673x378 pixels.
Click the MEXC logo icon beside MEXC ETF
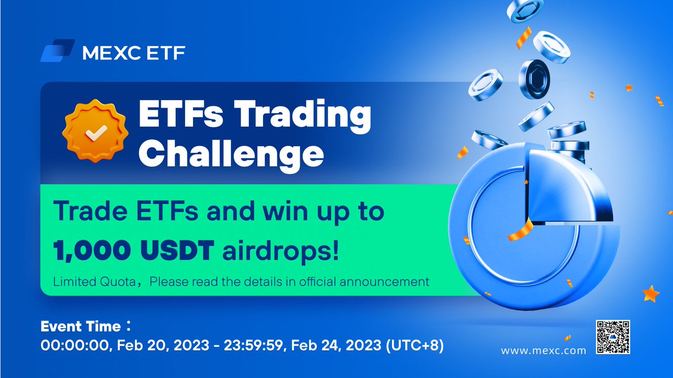pyautogui.click(x=58, y=50)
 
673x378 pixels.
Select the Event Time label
pyautogui.click(x=81, y=326)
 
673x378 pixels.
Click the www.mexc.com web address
pyautogui.click(x=543, y=351)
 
